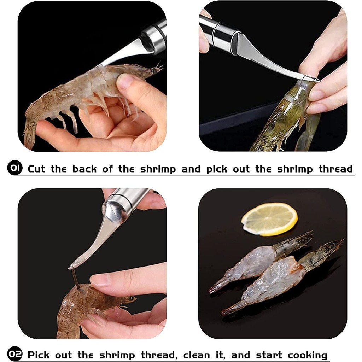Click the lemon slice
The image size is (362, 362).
click(269, 219)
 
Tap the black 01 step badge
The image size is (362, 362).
click(15, 168)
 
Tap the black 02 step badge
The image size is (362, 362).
click(15, 354)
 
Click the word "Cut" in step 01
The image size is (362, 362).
click(36, 169)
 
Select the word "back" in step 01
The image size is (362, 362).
click(84, 169)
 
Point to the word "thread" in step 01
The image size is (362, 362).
click(335, 169)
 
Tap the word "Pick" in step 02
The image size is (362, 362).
click(38, 355)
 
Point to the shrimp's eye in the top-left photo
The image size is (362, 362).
click(153, 70)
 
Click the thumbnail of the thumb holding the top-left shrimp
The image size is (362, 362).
click(125, 81)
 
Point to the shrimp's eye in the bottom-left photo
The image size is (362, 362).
click(132, 298)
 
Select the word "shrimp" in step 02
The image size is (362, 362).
click(117, 355)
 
